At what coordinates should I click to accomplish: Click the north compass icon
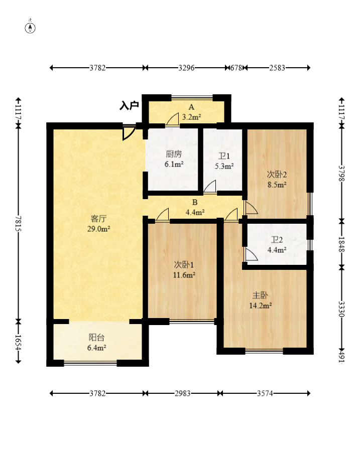pyautogui.click(x=30, y=28)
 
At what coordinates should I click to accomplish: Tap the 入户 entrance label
pyautogui.click(x=129, y=105)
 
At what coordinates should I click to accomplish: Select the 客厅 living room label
pyautogui.click(x=98, y=219)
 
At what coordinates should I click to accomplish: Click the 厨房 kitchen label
pyautogui.click(x=174, y=154)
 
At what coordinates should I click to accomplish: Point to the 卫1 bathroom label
pyautogui.click(x=224, y=156)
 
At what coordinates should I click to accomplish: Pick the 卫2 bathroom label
pyautogui.click(x=277, y=240)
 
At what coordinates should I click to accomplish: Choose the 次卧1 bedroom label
pyautogui.click(x=184, y=265)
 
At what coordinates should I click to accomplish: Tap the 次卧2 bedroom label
pyautogui.click(x=277, y=175)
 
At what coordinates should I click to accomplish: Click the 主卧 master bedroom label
pyautogui.click(x=260, y=295)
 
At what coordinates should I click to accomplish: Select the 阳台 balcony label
pyautogui.click(x=96, y=337)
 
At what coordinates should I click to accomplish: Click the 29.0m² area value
pyautogui.click(x=98, y=229)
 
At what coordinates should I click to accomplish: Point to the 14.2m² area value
pyautogui.click(x=260, y=305)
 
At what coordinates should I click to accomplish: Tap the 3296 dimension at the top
pyautogui.click(x=186, y=68)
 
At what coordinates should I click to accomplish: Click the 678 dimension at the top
pyautogui.click(x=236, y=68)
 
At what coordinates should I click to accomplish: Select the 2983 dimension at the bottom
pyautogui.click(x=182, y=393)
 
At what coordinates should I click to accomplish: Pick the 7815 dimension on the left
pyautogui.click(x=18, y=223)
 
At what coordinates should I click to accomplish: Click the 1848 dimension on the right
pyautogui.click(x=341, y=244)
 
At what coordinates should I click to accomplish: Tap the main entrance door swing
pyautogui.click(x=129, y=132)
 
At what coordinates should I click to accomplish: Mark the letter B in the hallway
pyautogui.click(x=195, y=203)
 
